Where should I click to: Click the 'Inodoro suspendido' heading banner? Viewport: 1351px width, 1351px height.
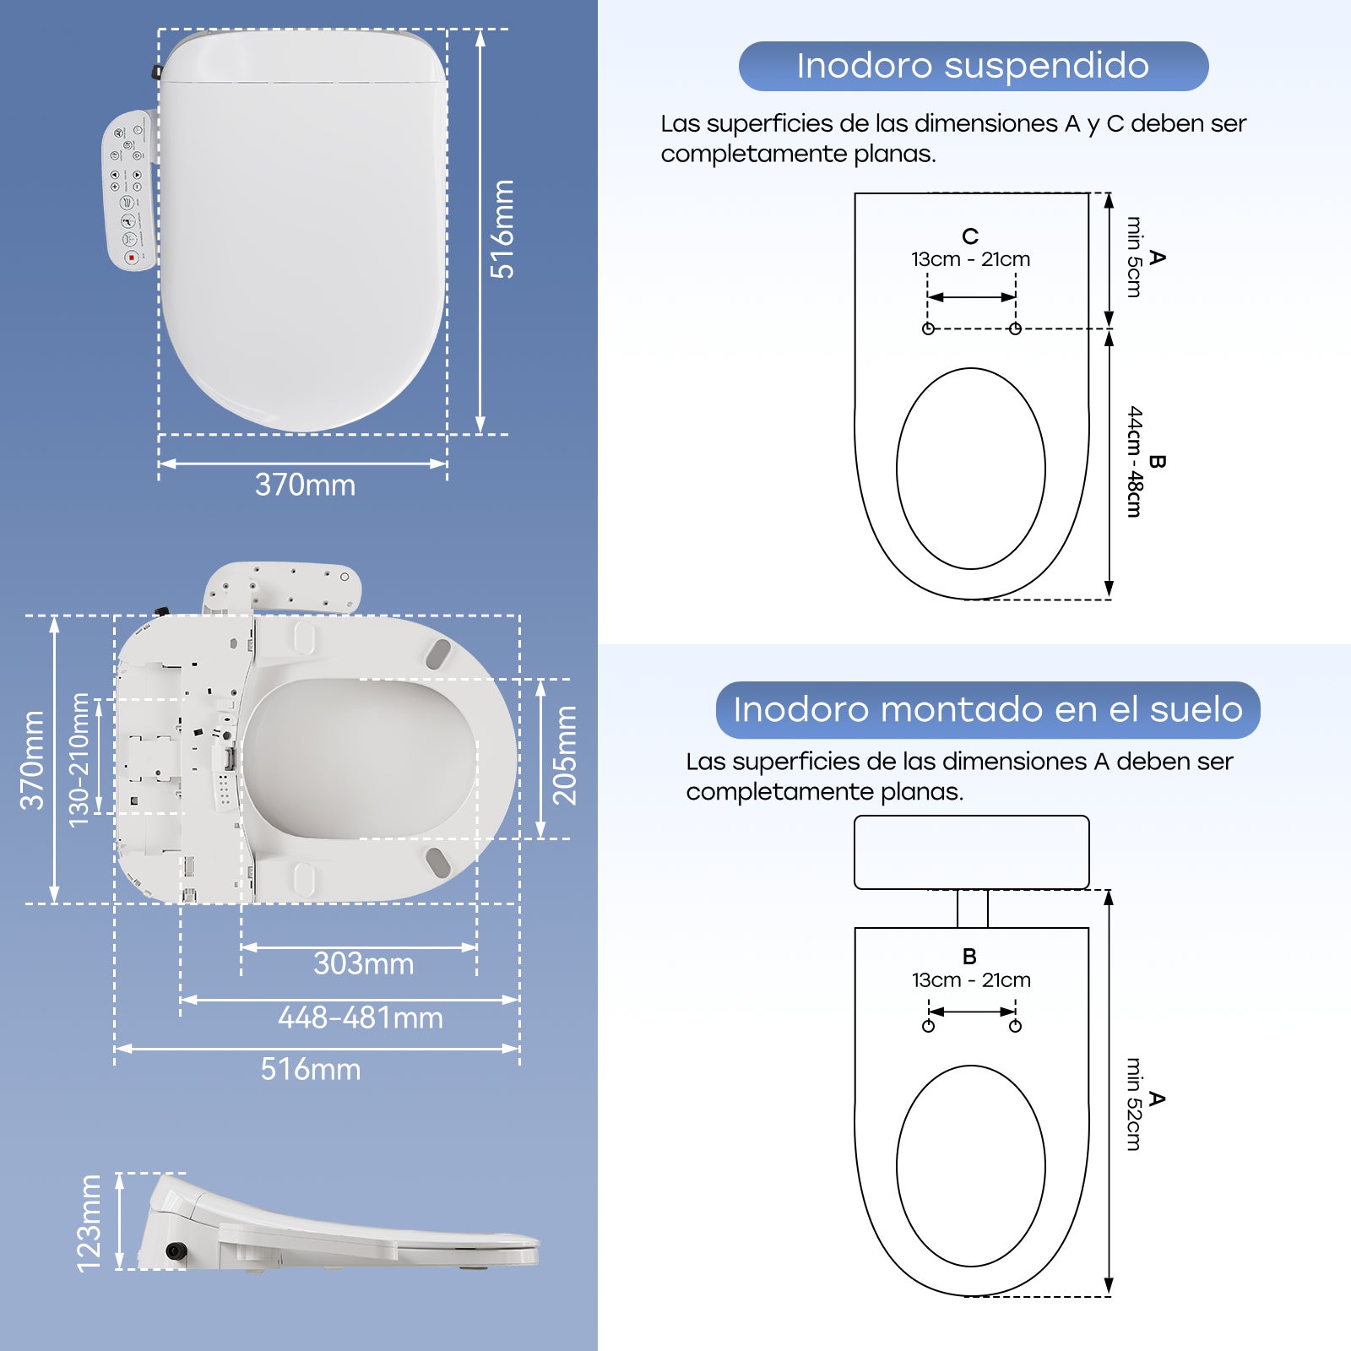[x=973, y=66]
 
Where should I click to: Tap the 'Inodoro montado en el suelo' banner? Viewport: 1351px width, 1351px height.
[x=987, y=709]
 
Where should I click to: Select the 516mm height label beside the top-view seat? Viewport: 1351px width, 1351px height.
[x=503, y=229]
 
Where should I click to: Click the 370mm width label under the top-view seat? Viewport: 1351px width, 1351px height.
[x=305, y=486]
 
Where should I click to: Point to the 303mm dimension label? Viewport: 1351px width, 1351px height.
[x=363, y=963]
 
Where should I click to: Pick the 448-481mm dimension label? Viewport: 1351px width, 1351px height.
[x=361, y=1017]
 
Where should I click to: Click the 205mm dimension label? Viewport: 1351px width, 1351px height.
[x=564, y=756]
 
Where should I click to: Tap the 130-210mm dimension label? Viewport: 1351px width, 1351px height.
[x=79, y=760]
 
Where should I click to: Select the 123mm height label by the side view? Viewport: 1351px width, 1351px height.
[x=89, y=1223]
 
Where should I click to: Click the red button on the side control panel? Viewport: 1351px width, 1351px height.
[x=131, y=257]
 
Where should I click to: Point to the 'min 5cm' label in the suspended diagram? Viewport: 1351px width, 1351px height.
[x=1134, y=257]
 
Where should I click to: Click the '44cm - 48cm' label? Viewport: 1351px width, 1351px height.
[x=1135, y=462]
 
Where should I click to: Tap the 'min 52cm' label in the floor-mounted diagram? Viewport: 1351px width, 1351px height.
[x=1134, y=1104]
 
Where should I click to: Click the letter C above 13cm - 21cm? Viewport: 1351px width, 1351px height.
[x=970, y=236]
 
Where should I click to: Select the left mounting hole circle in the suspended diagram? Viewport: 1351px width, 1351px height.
[x=928, y=328]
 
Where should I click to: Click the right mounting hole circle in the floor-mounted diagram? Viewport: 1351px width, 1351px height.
[x=1015, y=1026]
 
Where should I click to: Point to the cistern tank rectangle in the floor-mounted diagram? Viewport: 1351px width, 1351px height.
[x=971, y=852]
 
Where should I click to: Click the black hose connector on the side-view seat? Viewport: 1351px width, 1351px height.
[x=176, y=1251]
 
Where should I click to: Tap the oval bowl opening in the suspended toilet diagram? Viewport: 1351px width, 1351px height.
[x=971, y=469]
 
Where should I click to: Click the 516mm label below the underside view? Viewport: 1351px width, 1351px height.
[x=310, y=1070]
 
